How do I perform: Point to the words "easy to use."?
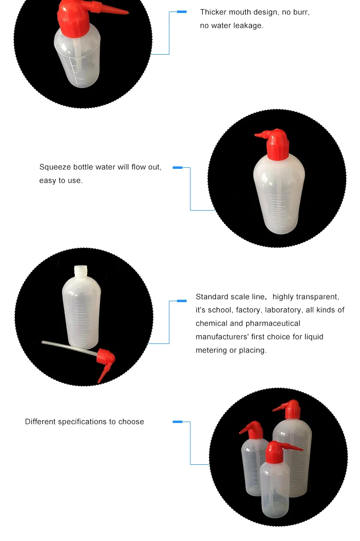(x=61, y=181)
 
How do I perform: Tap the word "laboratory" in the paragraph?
(x=283, y=310)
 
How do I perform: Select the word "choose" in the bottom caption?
(x=131, y=422)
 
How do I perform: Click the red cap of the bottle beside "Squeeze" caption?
(x=275, y=144)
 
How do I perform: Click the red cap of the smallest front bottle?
(x=275, y=453)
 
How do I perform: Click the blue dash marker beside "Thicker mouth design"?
(x=181, y=12)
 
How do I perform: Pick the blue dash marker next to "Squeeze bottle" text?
(x=177, y=167)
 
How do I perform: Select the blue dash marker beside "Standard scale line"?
(x=181, y=301)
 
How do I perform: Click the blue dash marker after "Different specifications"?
(x=177, y=422)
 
